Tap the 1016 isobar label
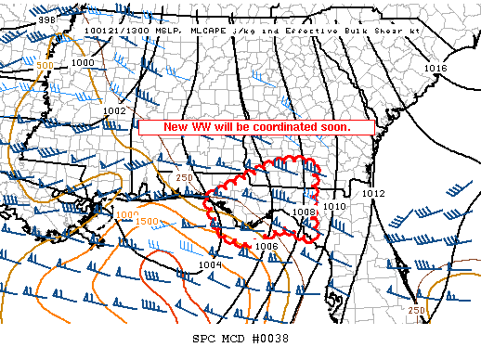click(x=435, y=69)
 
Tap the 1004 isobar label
click(x=210, y=265)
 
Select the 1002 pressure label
click(x=114, y=110)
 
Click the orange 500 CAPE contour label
click(x=44, y=67)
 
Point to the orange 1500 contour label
click(x=147, y=222)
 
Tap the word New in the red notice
click(x=174, y=126)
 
